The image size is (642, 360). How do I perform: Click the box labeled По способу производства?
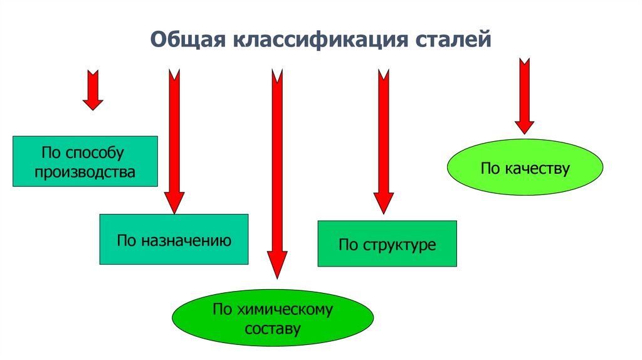[x=85, y=161]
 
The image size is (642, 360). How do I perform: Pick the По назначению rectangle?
[x=174, y=239]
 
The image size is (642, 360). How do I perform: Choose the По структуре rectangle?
[x=387, y=243]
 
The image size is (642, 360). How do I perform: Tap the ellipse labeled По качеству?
[x=525, y=167]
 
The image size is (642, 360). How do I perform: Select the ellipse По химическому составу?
[x=273, y=318]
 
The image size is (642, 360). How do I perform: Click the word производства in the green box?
[x=85, y=171]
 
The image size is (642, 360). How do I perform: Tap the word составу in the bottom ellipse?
[x=273, y=327]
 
